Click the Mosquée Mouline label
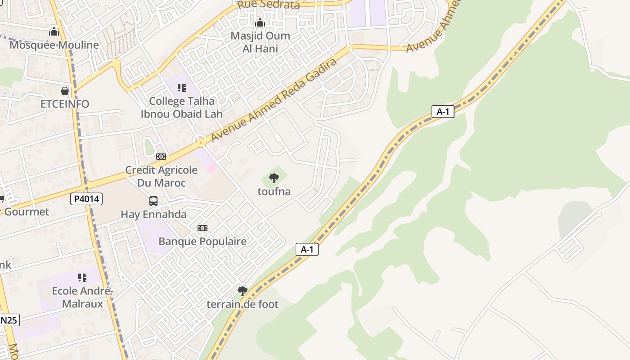tap(54, 45)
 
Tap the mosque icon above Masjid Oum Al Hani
tap(260, 22)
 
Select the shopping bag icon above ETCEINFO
tap(65, 91)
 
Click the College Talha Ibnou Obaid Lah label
tap(182, 108)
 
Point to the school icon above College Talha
tap(182, 87)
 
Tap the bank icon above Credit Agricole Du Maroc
tap(161, 157)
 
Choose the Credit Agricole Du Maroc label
tap(161, 176)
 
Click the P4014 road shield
tap(86, 199)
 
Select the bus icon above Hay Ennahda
tap(153, 201)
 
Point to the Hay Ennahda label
tap(153, 215)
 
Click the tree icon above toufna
tap(274, 178)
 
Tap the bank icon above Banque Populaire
tap(202, 228)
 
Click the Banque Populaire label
tap(202, 242)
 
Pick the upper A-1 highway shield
tap(443, 112)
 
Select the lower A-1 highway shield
tap(307, 249)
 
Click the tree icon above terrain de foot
tap(243, 291)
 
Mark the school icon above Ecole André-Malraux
tap(82, 277)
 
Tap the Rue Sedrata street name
tap(268, 5)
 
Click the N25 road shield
tap(9, 320)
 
